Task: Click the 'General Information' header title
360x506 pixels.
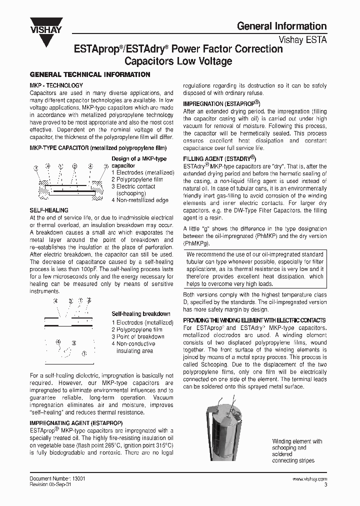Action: (281, 26)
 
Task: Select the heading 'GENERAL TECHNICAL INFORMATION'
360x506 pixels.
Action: (90, 74)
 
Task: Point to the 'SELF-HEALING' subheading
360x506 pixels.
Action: (49, 210)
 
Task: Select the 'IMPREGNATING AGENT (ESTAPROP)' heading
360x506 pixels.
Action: (74, 422)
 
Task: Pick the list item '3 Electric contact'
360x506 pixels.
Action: (133, 186)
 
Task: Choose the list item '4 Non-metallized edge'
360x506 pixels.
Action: (140, 200)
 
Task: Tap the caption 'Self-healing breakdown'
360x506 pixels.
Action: (140, 314)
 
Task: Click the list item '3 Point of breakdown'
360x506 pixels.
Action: (137, 336)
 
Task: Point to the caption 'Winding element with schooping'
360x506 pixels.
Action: (297, 444)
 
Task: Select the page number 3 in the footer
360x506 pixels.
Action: (325, 484)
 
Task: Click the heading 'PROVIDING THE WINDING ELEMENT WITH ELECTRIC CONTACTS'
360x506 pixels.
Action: (254, 320)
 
